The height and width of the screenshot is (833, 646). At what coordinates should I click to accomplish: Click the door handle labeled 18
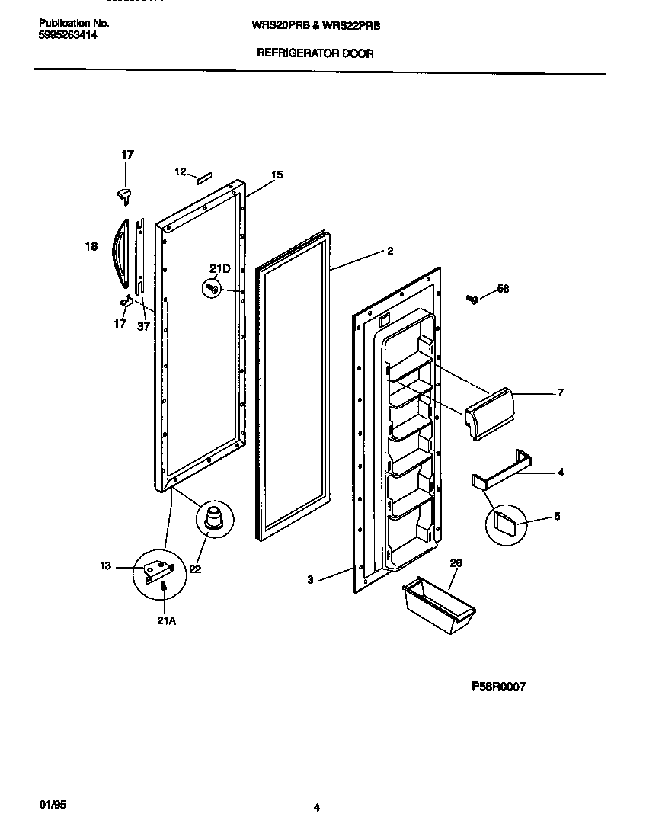(117, 252)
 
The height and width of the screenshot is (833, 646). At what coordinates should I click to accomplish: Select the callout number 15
(277, 175)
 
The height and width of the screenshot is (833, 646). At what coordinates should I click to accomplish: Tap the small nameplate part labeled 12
(203, 179)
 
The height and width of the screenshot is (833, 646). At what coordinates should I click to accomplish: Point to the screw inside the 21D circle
(213, 289)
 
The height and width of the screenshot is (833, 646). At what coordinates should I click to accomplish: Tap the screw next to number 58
(472, 299)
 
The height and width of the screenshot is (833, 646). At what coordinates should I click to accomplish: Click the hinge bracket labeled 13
(158, 568)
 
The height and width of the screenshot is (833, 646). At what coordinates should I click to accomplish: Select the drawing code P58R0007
(498, 687)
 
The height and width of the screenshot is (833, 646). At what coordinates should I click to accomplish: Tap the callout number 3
(310, 581)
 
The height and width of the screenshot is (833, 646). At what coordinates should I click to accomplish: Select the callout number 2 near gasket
(389, 252)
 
